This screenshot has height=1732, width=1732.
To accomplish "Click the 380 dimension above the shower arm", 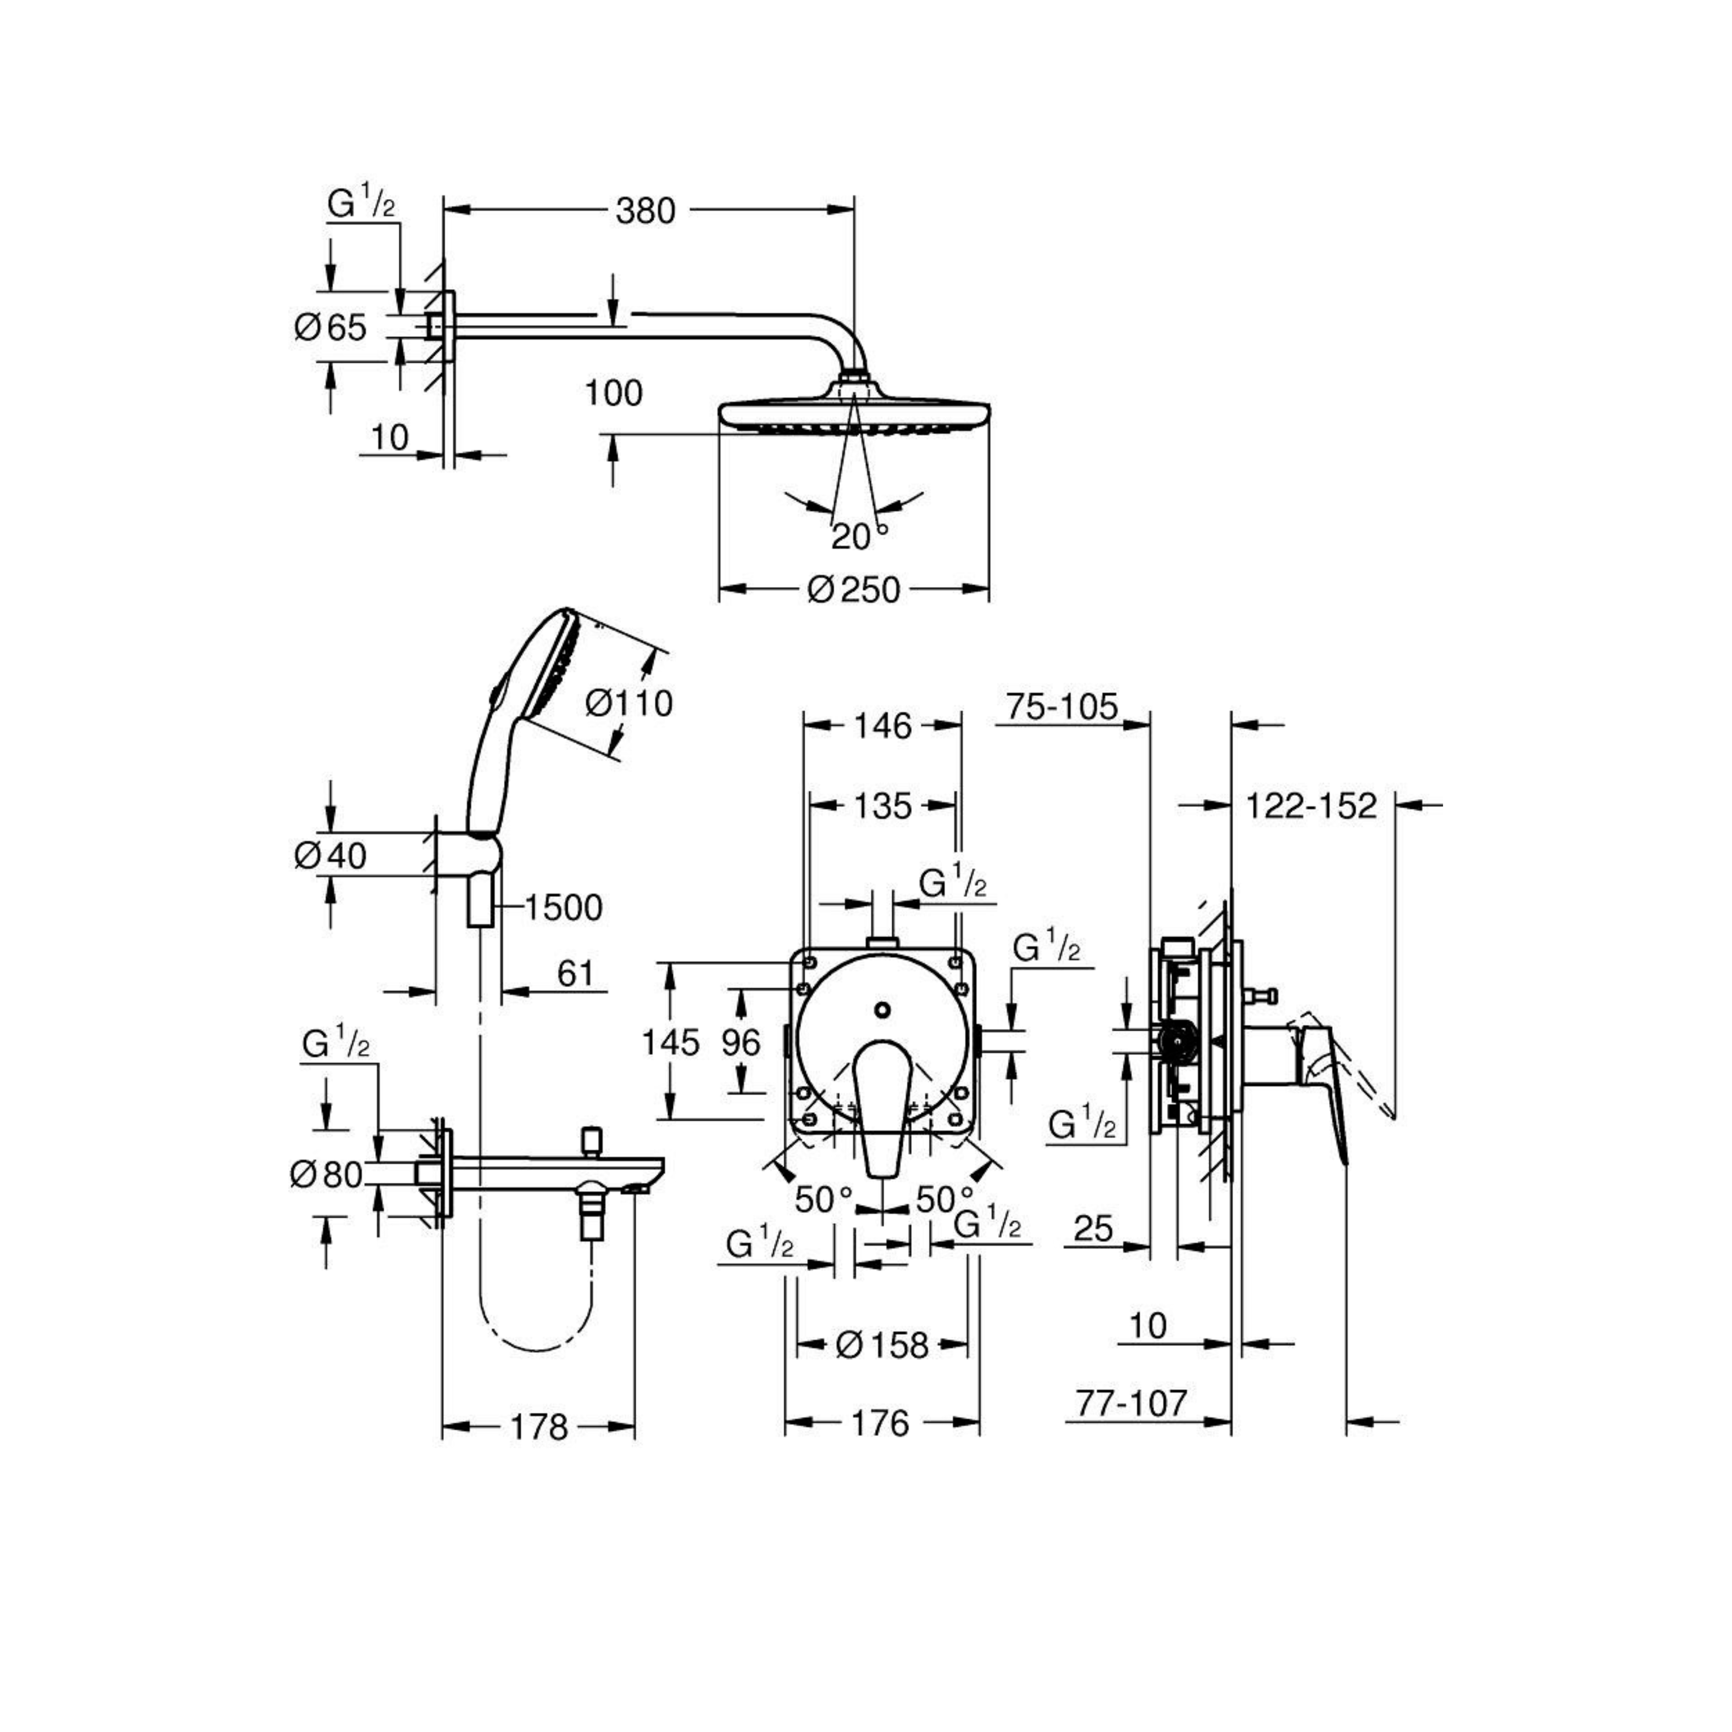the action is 646,211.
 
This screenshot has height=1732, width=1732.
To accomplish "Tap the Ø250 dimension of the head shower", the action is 853,590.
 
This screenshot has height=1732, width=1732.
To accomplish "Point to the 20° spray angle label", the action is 860,536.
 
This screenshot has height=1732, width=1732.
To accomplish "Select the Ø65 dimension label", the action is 330,327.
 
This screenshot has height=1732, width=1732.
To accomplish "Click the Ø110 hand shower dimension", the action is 629,704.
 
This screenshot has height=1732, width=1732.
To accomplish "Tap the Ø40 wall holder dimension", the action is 330,856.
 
